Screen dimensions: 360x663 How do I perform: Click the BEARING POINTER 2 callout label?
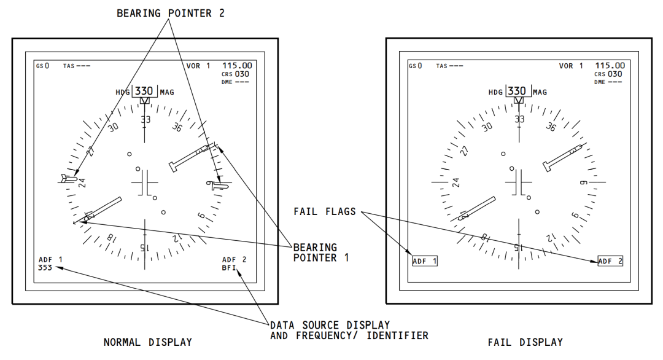click(171, 13)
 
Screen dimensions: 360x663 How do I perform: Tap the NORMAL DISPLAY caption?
click(147, 342)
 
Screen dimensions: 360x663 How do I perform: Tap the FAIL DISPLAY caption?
click(525, 342)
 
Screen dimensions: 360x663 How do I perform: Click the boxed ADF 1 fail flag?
click(425, 261)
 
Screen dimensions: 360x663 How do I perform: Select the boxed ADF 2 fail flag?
click(610, 261)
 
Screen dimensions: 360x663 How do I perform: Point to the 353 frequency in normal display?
click(46, 267)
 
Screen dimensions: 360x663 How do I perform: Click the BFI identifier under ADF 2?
click(230, 267)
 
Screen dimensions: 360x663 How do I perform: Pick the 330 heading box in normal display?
click(144, 91)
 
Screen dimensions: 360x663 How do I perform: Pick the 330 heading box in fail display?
click(518, 91)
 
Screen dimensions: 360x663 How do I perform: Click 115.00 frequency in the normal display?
click(237, 65)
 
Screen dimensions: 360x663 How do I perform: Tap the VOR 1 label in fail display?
click(571, 66)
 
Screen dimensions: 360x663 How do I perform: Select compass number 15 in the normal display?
click(145, 247)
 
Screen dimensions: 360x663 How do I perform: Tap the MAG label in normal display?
click(166, 92)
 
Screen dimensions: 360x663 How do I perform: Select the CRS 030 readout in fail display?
click(608, 74)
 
